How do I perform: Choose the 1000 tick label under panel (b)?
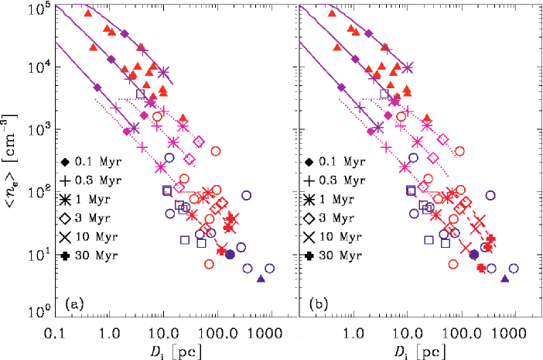(510, 330)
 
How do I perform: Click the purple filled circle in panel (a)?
(230, 255)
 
